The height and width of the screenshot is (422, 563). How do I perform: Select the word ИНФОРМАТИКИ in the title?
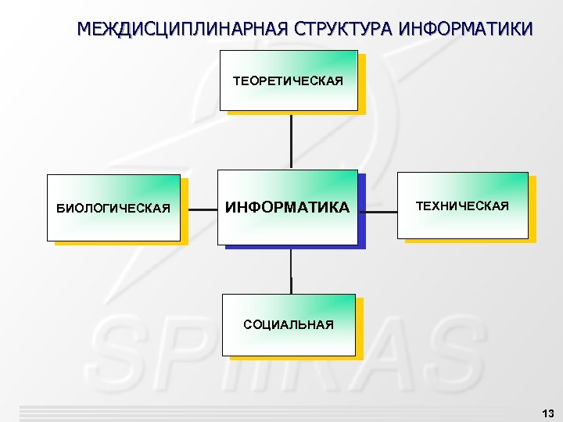tap(466, 30)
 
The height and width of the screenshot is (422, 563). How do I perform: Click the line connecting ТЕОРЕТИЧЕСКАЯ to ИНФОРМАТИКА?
tap(291, 141)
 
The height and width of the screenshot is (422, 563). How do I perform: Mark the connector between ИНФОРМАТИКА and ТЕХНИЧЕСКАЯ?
tap(381, 210)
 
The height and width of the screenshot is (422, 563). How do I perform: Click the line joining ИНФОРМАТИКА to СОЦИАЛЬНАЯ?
tap(291, 271)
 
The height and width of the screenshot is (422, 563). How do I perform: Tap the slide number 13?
tap(547, 413)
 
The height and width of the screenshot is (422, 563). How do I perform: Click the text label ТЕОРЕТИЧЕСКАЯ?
tap(288, 81)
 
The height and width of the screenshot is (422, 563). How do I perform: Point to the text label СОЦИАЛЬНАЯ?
tap(288, 324)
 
